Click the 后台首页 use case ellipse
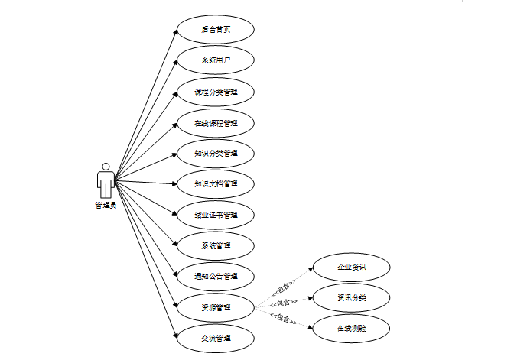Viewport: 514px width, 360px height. click(x=215, y=30)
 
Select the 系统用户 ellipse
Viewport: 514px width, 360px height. click(x=215, y=60)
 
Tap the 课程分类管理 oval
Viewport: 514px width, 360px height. click(x=215, y=92)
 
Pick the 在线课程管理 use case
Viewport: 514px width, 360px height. click(x=215, y=122)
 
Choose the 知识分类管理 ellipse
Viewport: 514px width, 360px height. click(x=215, y=153)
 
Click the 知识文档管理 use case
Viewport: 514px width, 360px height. click(x=215, y=183)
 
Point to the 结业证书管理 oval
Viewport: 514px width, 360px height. click(x=215, y=215)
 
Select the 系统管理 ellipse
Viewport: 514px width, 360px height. click(x=215, y=245)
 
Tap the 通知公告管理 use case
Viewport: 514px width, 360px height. click(x=215, y=276)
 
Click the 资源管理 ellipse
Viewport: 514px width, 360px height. click(x=215, y=307)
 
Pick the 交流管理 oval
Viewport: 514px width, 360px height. click(x=215, y=338)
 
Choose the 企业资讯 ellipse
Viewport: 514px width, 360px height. click(x=352, y=267)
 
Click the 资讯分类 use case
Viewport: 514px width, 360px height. click(x=352, y=297)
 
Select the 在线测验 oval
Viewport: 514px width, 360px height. click(x=352, y=328)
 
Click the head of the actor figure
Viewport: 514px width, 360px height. click(x=106, y=166)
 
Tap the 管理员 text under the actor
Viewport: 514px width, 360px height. click(x=106, y=205)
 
